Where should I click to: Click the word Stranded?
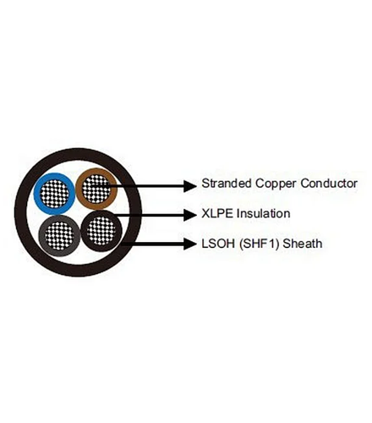coord(227,184)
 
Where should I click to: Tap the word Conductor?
coord(329,184)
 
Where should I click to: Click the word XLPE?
coord(217,213)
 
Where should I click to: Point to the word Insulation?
coord(264,213)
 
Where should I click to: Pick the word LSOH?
coord(218,244)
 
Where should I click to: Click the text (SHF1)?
coord(259,244)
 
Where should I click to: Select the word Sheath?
coord(303,244)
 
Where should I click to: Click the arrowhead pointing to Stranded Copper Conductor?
coord(190,185)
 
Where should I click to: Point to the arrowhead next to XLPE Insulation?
coord(190,215)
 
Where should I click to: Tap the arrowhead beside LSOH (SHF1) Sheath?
coord(190,244)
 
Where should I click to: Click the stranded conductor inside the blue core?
coord(54,194)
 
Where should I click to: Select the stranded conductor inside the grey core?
coord(59,236)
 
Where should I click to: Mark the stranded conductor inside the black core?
coord(101,231)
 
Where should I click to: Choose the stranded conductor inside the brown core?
coord(96,189)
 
